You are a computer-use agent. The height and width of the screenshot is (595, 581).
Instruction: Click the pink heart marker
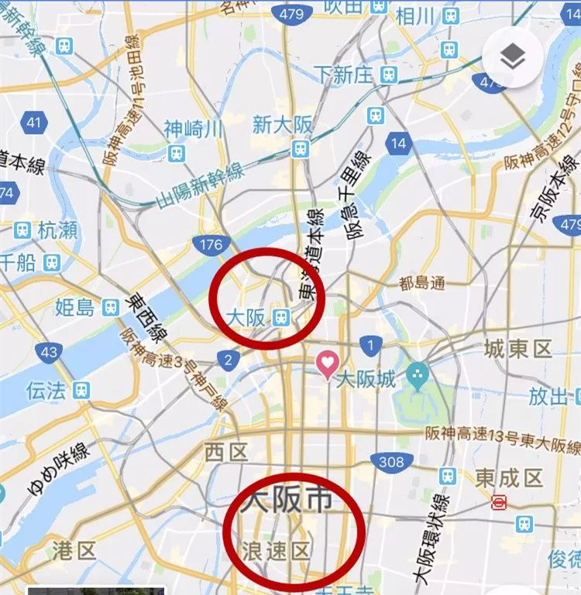point(328,364)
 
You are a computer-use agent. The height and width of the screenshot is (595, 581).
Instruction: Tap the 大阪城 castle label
point(370,380)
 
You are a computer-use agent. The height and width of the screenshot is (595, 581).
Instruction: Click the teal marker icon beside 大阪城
point(419,375)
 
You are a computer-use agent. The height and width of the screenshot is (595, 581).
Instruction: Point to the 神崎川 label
point(193,128)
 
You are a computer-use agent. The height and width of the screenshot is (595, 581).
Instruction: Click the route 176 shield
point(210,245)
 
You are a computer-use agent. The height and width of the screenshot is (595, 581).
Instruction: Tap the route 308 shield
point(392,462)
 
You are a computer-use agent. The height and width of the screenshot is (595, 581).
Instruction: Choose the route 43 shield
point(49,352)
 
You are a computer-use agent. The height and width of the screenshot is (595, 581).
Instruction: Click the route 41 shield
point(33,122)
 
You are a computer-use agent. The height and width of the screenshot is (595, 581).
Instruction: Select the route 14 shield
point(398,143)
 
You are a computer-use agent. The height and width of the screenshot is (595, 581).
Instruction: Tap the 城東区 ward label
point(517,349)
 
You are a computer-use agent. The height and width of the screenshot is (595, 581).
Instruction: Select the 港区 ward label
point(74,551)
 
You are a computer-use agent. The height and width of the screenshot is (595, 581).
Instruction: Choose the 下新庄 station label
point(343,75)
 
